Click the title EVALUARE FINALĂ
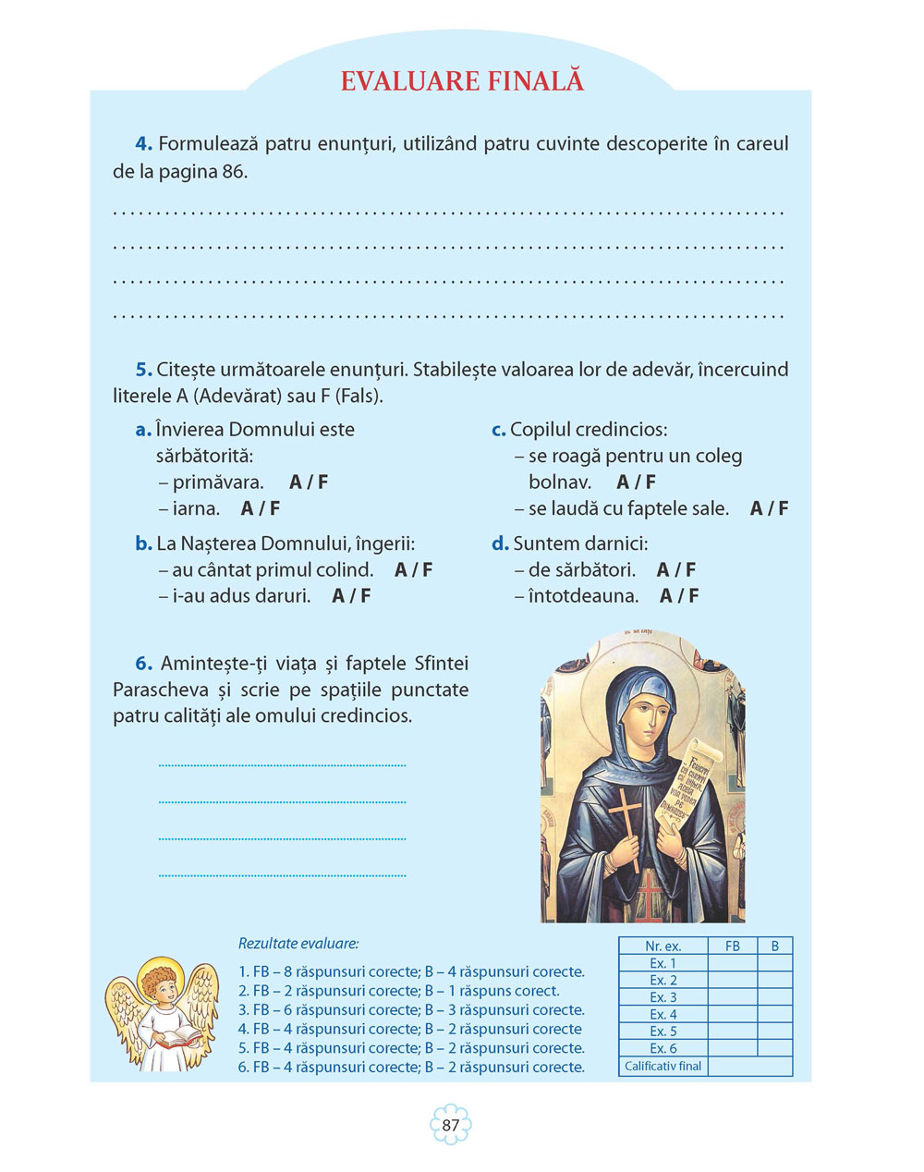pos(462,80)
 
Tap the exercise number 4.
pos(143,144)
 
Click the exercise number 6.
pos(143,664)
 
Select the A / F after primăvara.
pos(309,482)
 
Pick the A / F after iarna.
pos(261,508)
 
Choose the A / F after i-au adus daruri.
pos(351,596)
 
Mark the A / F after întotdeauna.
pos(679,596)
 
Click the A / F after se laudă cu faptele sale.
pos(769,508)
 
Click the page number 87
pos(451,1125)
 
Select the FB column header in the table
pos(732,946)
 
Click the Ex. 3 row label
pos(663,997)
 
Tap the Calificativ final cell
pos(663,1066)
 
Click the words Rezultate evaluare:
pos(298,944)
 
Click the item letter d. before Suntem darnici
pos(500,543)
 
